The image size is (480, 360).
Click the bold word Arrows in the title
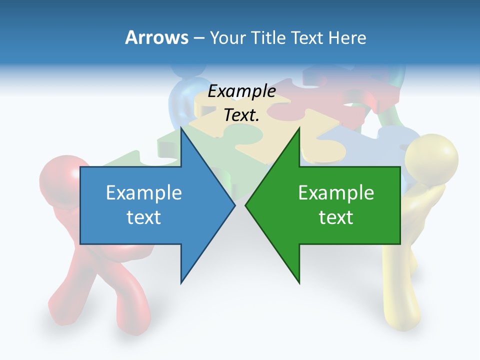click(x=156, y=38)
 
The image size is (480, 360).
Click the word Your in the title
click(x=227, y=38)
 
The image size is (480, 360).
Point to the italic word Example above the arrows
click(x=241, y=91)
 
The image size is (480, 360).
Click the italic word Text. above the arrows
click(x=241, y=115)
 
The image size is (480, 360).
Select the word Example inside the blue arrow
click(x=144, y=193)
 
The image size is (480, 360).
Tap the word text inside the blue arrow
click(x=144, y=217)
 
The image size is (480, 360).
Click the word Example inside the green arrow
click(x=336, y=193)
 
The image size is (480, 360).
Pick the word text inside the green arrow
click(x=336, y=217)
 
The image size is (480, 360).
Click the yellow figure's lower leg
click(x=400, y=295)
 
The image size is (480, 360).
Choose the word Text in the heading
click(x=307, y=38)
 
